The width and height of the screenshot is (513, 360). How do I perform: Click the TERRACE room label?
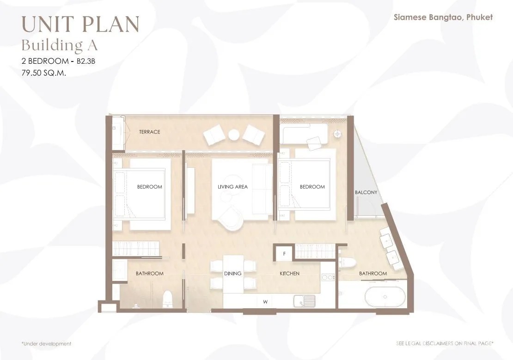tap(150, 132)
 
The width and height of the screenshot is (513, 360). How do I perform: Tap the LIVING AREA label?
tap(232, 187)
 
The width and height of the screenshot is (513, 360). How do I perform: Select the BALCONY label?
tap(366, 192)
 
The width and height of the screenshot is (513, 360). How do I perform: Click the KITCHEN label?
tap(289, 274)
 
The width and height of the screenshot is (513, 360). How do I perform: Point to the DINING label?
tap(232, 274)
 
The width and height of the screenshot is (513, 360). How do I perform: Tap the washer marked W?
tap(265, 302)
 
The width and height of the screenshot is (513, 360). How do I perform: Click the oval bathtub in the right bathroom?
tap(385, 297)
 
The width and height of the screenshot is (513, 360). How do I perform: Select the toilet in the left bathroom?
tap(167, 299)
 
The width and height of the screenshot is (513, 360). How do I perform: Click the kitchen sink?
tap(304, 301)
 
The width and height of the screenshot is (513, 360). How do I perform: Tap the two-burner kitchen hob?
tap(328, 278)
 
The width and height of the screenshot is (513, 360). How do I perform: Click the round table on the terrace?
tap(234, 135)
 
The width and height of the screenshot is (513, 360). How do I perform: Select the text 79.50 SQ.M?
tap(44, 73)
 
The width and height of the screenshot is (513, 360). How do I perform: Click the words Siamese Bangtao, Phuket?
tap(443, 18)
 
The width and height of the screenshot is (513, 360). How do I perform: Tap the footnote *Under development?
tap(46, 344)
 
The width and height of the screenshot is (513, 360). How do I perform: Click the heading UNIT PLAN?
tap(80, 24)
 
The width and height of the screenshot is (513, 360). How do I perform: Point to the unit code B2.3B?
tap(85, 61)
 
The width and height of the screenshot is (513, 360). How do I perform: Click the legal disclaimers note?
tap(445, 343)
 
